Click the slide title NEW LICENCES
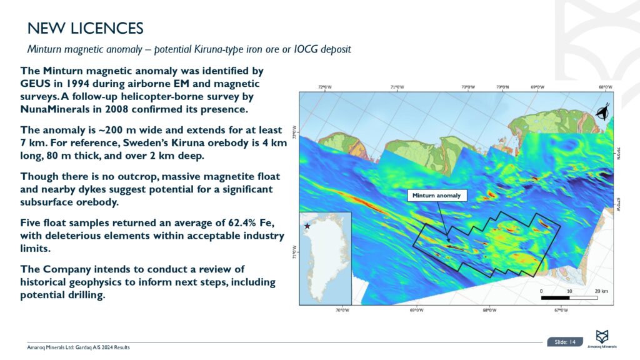pyautogui.click(x=86, y=28)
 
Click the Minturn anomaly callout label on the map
pyautogui.click(x=437, y=196)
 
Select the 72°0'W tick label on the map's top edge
pyautogui.click(x=325, y=88)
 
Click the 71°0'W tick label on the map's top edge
pyautogui.click(x=397, y=88)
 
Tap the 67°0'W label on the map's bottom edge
pyautogui.click(x=561, y=309)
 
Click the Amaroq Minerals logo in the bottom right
pyautogui.click(x=603, y=338)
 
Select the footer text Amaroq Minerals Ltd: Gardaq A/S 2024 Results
pyautogui.click(x=79, y=347)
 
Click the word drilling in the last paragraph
pyautogui.click(x=81, y=296)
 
